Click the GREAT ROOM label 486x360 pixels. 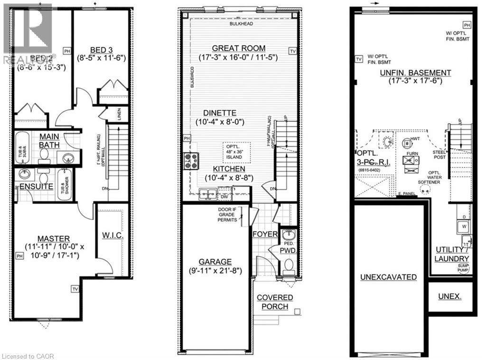coord(239,48)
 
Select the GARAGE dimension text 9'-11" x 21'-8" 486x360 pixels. coord(215,272)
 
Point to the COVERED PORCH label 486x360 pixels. coord(275,302)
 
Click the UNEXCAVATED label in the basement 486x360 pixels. coord(388,277)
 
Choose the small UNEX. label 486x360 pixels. coord(449,296)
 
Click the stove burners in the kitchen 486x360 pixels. coord(191,161)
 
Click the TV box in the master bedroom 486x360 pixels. coord(75,288)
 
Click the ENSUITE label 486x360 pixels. coord(36,186)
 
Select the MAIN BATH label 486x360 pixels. coord(49,140)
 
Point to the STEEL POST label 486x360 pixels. coord(439,155)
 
